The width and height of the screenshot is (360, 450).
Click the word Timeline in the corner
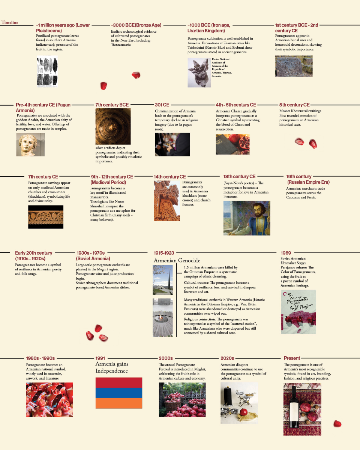[x=10, y=22]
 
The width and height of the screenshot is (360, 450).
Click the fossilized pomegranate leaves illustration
[x=47, y=71]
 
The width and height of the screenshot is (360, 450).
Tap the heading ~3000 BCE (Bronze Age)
[x=136, y=25]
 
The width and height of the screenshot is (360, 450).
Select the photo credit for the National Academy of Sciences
[x=221, y=67]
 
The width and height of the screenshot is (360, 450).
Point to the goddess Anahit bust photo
[x=30, y=144]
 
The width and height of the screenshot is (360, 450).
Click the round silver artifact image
[x=113, y=126]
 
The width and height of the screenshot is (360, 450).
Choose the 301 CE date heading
[x=162, y=105]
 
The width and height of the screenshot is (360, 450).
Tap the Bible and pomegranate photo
[x=232, y=144]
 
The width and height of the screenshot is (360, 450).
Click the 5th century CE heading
[x=294, y=105]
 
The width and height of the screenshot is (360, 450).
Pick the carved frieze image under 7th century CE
[x=46, y=217]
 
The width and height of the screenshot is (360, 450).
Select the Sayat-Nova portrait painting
[x=246, y=218]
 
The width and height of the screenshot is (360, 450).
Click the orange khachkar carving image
[x=166, y=201]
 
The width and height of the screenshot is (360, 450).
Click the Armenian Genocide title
[x=177, y=261]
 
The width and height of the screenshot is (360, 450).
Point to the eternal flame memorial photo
[x=162, y=317]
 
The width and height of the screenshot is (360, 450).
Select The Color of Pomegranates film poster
[x=298, y=312]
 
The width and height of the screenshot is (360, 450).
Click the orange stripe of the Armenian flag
[x=119, y=403]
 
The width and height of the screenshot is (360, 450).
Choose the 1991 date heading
[x=100, y=358]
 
